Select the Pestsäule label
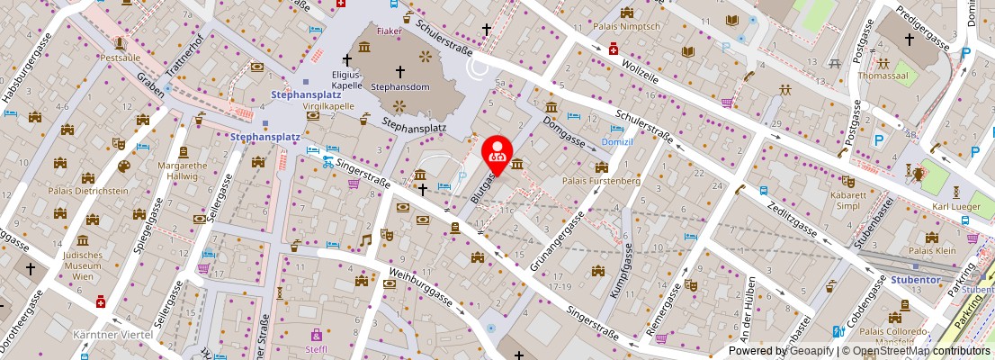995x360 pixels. [121, 56]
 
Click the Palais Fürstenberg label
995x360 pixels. [600, 181]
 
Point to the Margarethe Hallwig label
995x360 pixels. [184, 170]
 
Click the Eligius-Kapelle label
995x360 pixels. [345, 80]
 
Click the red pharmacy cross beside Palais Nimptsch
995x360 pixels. [614, 49]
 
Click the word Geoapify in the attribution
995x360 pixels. [809, 351]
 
